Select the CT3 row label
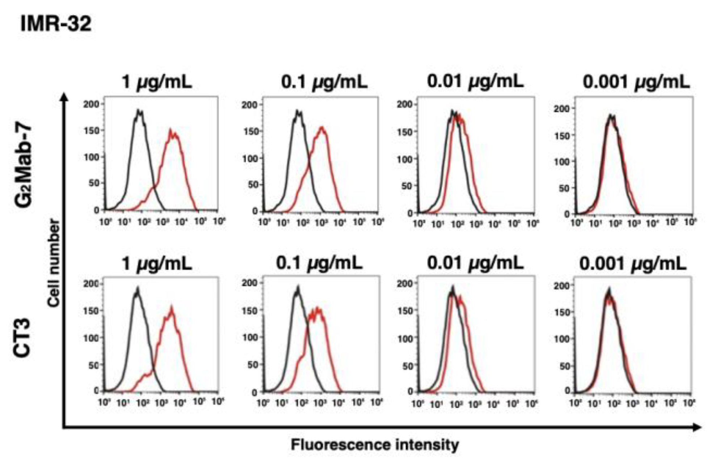tap(22, 337)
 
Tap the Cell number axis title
tap(54, 263)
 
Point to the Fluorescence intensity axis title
tap(375, 444)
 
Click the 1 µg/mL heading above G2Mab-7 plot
tap(157, 82)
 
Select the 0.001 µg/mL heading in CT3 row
tap(633, 263)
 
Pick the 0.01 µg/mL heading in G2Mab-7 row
tap(475, 81)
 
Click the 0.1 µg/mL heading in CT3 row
tap(319, 263)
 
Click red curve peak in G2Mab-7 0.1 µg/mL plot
tap(321, 127)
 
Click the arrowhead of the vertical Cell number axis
tap(64, 96)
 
